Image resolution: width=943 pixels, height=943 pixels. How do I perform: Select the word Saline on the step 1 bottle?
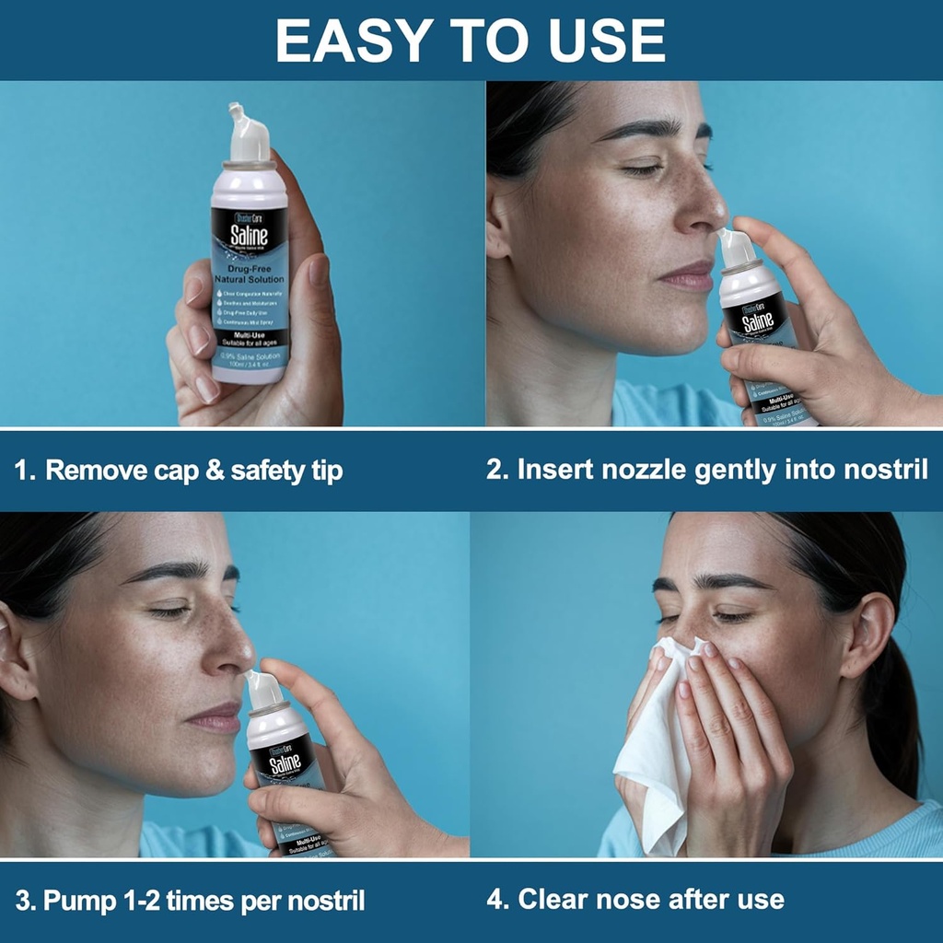pos(250,232)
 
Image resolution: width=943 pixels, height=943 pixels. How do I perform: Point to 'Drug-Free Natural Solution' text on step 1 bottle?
pos(250,273)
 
